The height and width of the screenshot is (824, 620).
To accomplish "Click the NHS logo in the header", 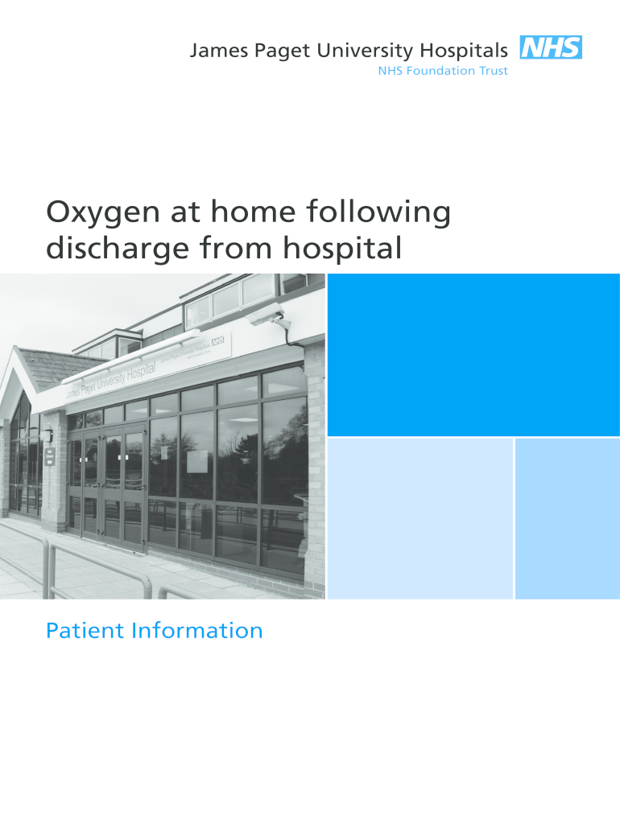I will coord(551,48).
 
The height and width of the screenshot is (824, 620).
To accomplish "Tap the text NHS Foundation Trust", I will coord(443,71).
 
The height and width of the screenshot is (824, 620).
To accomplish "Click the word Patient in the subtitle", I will coord(84,631).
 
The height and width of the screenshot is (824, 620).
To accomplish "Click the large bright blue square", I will coord(473,354).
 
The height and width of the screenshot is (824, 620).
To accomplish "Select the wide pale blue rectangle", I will coord(420,518).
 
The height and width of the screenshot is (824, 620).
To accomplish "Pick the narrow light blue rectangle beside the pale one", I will coord(567,518).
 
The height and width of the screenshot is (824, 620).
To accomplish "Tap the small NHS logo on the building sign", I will coord(217,342).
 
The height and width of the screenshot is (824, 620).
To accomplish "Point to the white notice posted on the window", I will coord(197,461).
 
